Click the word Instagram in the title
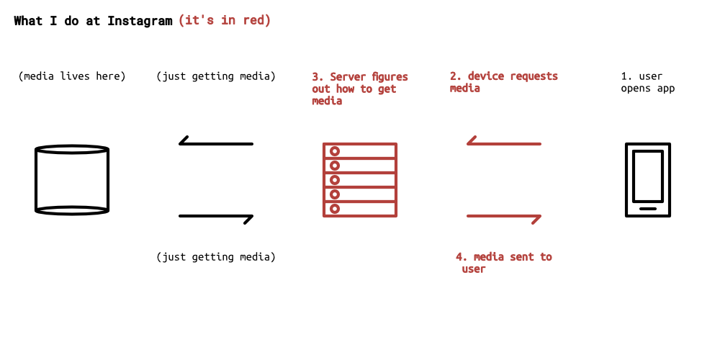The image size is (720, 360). click(140, 21)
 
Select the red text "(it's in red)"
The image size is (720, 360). click(225, 20)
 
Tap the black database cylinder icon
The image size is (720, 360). click(72, 180)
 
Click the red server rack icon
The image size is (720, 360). click(359, 180)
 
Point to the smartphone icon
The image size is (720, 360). click(647, 180)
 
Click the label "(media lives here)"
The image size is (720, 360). click(72, 76)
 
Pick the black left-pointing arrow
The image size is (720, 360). click(215, 143)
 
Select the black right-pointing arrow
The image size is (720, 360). click(216, 217)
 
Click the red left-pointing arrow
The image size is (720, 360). click(503, 143)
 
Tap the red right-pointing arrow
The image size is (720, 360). click(504, 217)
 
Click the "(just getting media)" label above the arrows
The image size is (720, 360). click(216, 76)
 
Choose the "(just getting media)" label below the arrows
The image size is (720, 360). click(216, 256)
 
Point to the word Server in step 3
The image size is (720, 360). click(348, 76)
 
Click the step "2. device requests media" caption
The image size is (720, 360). click(503, 82)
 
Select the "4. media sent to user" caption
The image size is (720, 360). click(503, 263)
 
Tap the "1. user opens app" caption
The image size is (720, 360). click(647, 82)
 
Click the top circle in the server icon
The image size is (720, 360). click(334, 151)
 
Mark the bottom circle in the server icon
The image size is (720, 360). click(334, 209)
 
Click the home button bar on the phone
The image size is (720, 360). click(647, 209)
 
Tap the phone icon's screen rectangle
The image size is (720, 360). click(647, 176)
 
